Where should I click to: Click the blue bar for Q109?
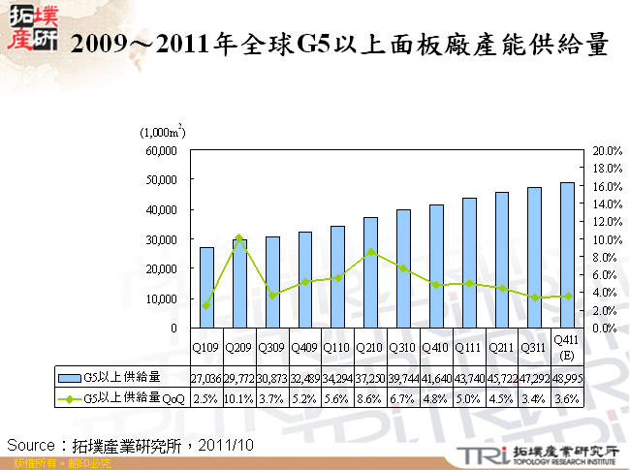207,288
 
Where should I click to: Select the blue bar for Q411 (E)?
567,255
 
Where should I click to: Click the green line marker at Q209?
239,237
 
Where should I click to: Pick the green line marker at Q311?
534,298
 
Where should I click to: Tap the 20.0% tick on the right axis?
607,151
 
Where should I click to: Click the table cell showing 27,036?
207,376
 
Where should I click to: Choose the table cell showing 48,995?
567,376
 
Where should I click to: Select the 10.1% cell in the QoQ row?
239,397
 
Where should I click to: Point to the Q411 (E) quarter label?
567,346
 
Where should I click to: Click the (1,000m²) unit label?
163,131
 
